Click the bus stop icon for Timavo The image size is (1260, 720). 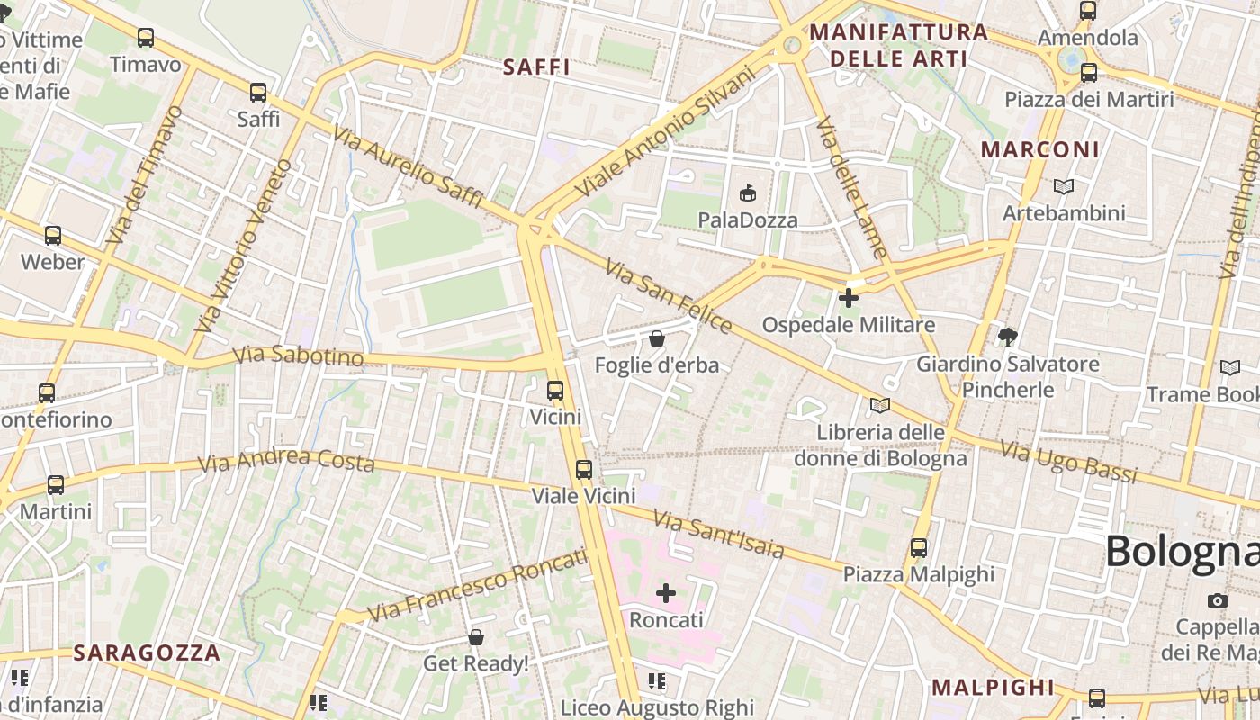click(145, 38)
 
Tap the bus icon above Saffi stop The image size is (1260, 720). click(258, 92)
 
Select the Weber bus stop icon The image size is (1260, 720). click(53, 236)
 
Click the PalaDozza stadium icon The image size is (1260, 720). click(747, 193)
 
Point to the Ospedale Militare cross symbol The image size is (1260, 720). click(848, 297)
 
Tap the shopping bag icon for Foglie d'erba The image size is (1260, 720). click(657, 338)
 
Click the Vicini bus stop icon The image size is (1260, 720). click(555, 391)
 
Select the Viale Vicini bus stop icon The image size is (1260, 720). click(584, 469)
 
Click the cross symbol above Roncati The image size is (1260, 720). click(666, 593)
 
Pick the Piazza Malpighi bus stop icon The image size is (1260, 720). click(918, 547)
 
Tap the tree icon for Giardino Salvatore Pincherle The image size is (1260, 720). click(1007, 337)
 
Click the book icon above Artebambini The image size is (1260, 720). click(1064, 186)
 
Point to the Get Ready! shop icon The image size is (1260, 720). click(476, 637)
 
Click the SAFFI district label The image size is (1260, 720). click(536, 67)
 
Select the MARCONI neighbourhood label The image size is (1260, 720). click(1040, 149)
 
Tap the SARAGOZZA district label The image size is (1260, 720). click(147, 652)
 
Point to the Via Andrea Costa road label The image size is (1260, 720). click(286, 461)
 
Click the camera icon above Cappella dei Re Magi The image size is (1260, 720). click(1217, 600)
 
